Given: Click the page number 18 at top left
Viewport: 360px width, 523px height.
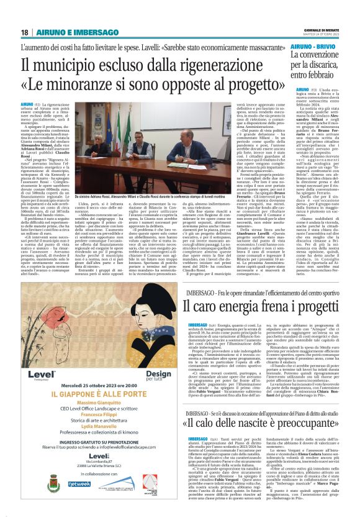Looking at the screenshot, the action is (24, 32).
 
